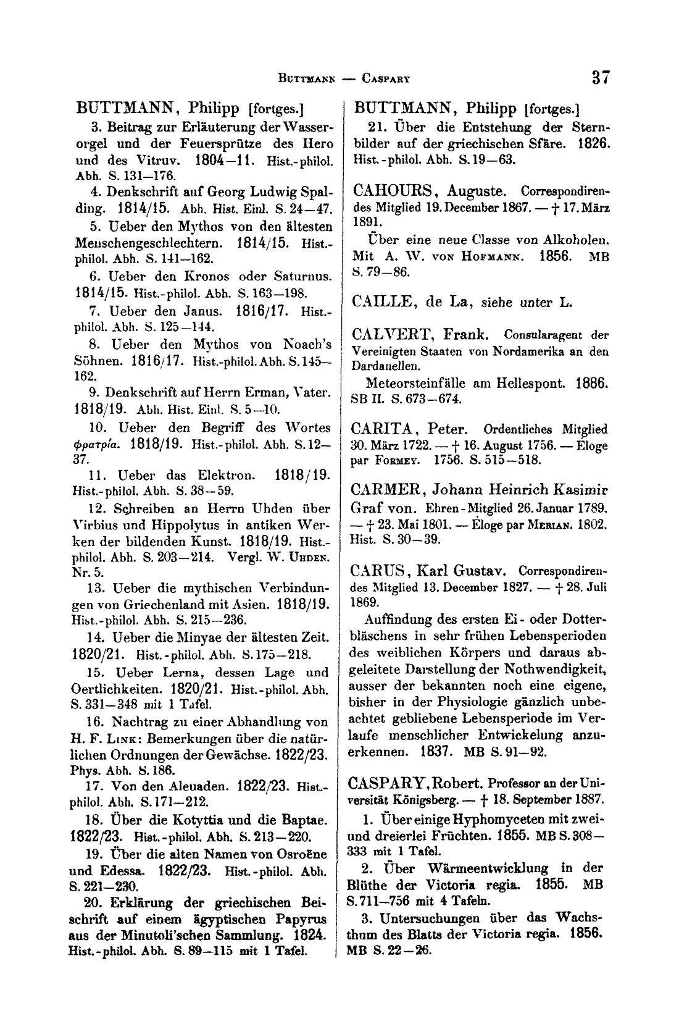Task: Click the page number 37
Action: click(x=600, y=77)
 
